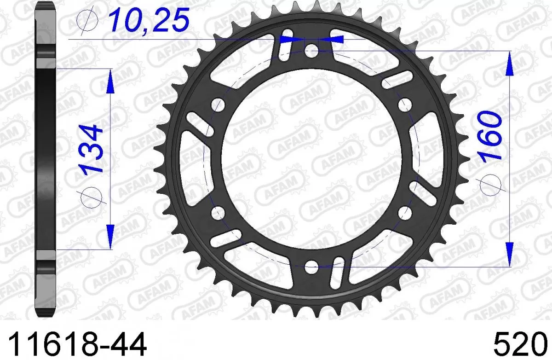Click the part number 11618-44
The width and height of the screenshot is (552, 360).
[75, 343]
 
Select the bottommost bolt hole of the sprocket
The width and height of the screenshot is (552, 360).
[311, 265]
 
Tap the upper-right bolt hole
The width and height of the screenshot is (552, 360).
[405, 103]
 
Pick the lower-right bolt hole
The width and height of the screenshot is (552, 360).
[405, 212]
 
